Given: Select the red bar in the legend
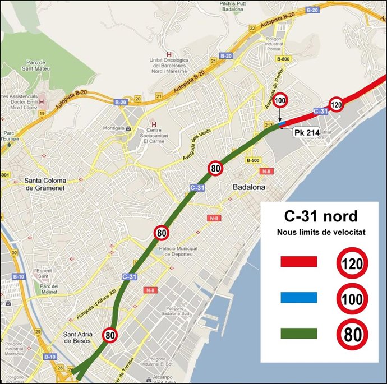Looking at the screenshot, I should pos(298,262).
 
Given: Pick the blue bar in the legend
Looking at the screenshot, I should pos(298,298).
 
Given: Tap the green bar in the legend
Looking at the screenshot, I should pos(298,334).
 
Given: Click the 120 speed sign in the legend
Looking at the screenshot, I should pos(352,262).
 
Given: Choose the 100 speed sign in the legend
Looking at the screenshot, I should pos(352,299).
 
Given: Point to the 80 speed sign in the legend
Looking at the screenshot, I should pos(352,335).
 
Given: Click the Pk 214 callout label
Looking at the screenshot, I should pos(306,133).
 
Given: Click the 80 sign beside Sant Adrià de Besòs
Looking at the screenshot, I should pos(110,335).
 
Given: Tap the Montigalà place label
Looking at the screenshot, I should pos(115,128).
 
